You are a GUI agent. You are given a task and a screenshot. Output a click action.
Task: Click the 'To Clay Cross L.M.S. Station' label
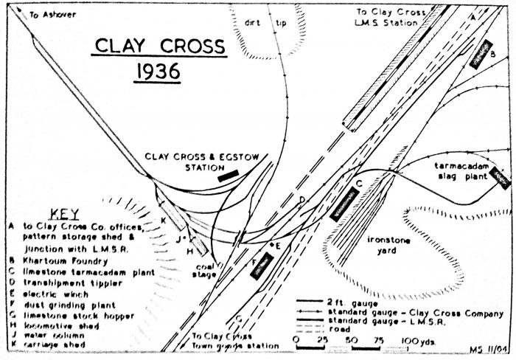388,17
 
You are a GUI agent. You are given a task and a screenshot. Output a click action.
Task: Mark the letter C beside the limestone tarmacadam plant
358,182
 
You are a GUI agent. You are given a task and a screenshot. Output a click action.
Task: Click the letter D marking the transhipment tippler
301,200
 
